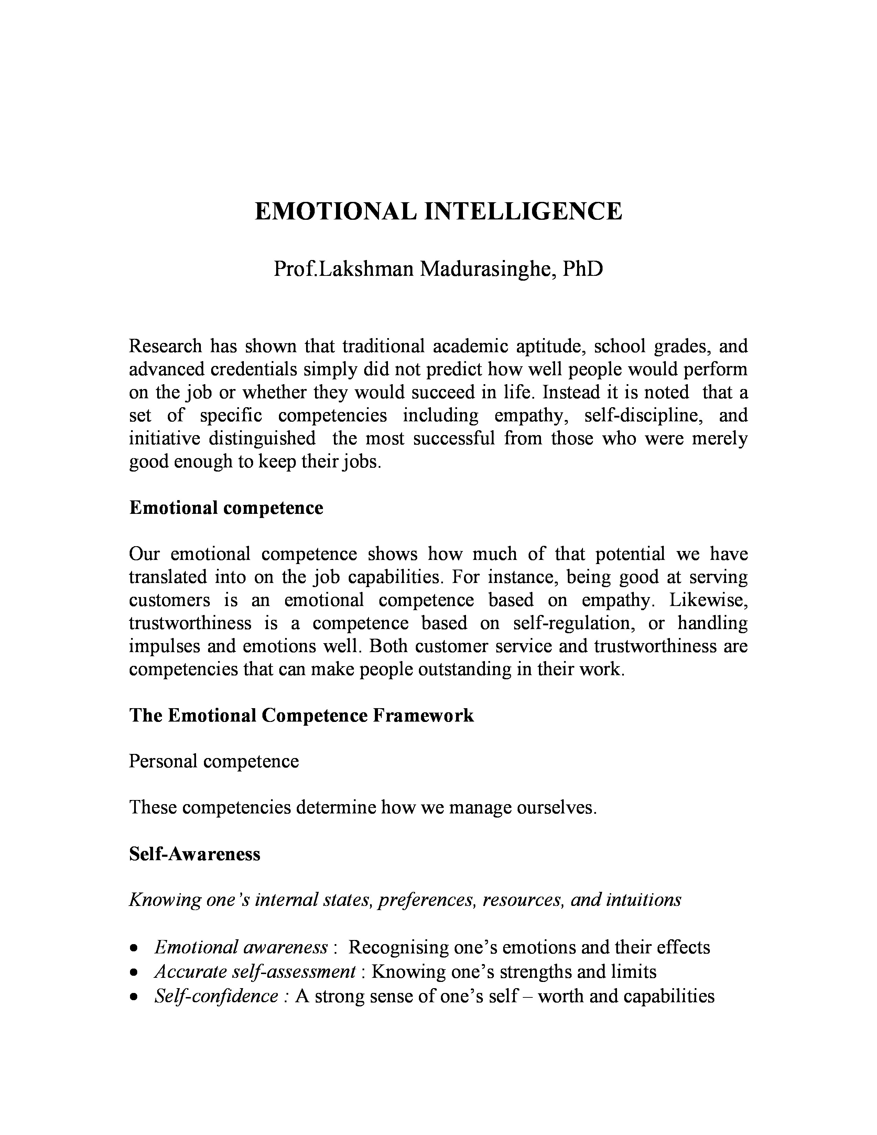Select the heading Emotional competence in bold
226,508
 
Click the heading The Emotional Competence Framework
301,716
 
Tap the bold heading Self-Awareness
194,854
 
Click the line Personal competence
214,761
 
